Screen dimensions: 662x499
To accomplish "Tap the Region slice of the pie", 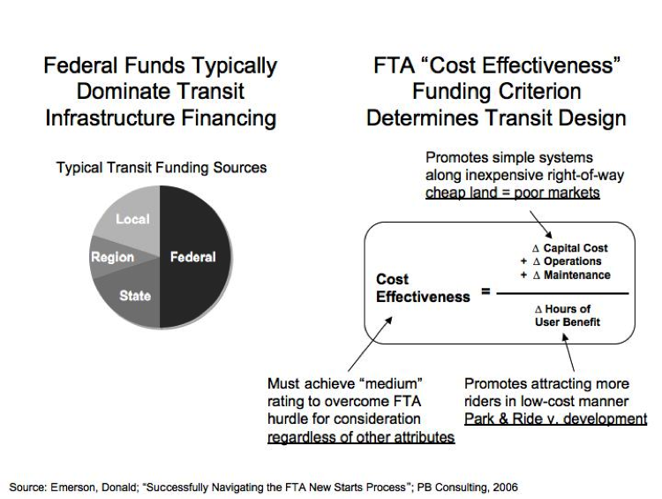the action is pyautogui.click(x=112, y=257).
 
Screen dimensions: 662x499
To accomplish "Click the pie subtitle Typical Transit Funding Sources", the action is pyautogui.click(x=162, y=167).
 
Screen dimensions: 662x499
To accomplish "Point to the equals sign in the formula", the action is pyautogui.click(x=485, y=291).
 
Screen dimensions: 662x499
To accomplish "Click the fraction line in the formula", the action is pyautogui.click(x=562, y=293).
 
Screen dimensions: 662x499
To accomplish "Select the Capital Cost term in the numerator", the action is pyautogui.click(x=570, y=248).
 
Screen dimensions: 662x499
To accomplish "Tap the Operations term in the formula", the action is pyautogui.click(x=567, y=261).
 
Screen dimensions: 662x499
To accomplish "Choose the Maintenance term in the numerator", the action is pyautogui.click(x=572, y=275).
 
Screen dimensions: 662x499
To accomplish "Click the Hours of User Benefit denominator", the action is pyautogui.click(x=567, y=315).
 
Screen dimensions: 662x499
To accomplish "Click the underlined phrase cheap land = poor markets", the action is pyautogui.click(x=513, y=193).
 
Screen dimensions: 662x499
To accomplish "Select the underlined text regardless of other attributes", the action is pyautogui.click(x=361, y=436).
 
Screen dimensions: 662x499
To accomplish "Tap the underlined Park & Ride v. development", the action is pyautogui.click(x=555, y=419).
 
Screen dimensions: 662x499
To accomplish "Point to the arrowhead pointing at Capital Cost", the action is pyautogui.click(x=548, y=235).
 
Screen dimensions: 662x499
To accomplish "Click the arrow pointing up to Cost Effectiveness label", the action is pyautogui.click(x=370, y=344).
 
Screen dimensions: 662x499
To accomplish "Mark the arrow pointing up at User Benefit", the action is pyautogui.click(x=568, y=352).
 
